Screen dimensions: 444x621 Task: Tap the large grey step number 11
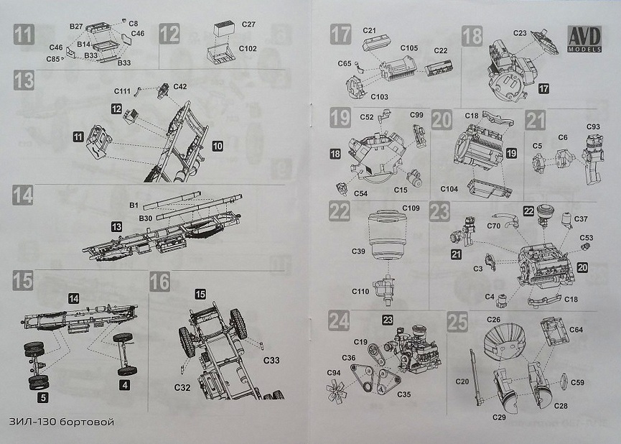[x=24, y=34]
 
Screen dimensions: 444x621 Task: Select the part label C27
[x=248, y=24]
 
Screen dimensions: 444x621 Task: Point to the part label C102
[x=248, y=50]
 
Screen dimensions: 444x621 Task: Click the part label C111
[x=121, y=91]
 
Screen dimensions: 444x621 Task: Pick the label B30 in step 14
[x=144, y=217]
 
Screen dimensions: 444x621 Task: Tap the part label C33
[x=271, y=359]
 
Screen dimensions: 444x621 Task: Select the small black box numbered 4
[x=126, y=386]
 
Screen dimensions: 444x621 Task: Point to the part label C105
[x=409, y=49]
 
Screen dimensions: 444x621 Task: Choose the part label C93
[x=593, y=127]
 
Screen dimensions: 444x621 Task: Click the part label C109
[x=411, y=208]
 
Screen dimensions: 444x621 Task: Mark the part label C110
[x=363, y=292]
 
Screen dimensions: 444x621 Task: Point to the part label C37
[x=581, y=219]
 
